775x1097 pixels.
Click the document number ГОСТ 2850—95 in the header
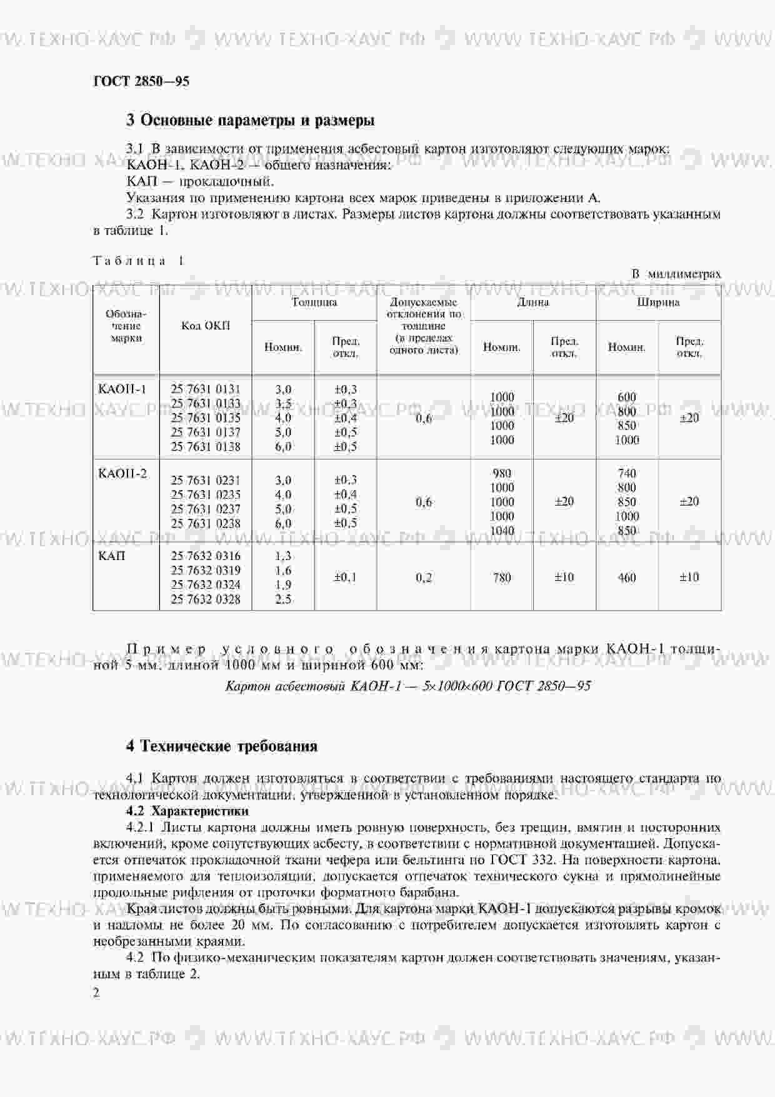141,81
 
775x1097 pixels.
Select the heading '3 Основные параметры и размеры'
251,120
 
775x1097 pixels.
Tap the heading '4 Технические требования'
222,746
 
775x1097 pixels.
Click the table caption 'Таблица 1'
138,261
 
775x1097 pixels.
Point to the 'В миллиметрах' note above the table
676,274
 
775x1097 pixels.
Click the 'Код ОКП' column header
206,326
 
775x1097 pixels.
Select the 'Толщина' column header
314,303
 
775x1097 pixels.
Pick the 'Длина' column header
533,303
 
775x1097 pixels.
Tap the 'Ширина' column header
658,303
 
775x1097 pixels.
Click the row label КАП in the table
112,556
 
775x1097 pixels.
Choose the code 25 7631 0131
206,389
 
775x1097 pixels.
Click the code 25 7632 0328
206,599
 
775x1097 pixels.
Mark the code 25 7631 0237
206,509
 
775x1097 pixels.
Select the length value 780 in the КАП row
502,578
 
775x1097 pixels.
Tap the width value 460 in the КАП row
627,578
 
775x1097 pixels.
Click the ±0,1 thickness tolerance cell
346,578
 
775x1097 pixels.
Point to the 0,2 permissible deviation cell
424,578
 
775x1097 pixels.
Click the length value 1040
502,531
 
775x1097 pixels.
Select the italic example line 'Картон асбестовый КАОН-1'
407,686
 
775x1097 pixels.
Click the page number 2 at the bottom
96,992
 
